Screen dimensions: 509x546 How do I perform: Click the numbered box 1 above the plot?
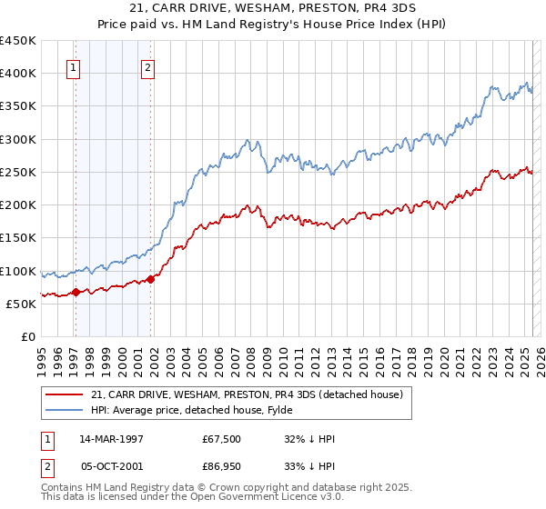pos(73,66)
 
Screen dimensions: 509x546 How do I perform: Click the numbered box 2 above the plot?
pos(147,66)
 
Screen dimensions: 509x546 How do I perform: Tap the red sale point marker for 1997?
pos(76,292)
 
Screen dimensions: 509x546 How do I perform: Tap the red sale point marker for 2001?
pos(150,279)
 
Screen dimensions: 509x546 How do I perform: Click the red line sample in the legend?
pos(64,394)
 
